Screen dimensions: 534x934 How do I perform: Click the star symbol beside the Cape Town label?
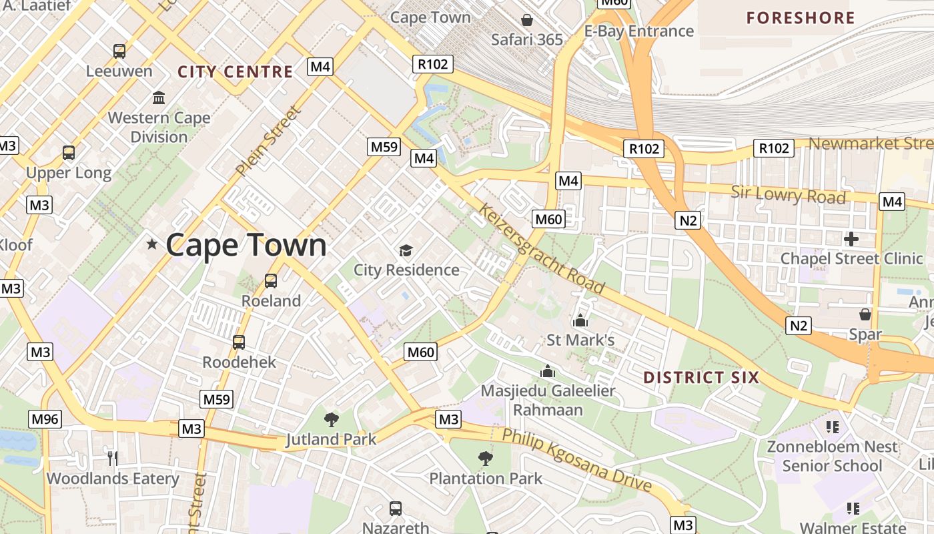point(152,244)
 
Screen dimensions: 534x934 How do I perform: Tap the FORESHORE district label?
point(801,18)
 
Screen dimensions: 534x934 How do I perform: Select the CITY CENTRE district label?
point(235,71)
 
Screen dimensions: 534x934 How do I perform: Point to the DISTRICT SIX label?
point(701,378)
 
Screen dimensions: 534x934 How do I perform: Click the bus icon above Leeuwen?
point(119,51)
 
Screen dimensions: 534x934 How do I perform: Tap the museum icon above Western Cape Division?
point(159,98)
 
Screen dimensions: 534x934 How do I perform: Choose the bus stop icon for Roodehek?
point(239,342)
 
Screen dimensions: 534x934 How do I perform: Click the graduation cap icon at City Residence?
point(406,251)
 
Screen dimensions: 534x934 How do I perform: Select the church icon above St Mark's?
point(580,320)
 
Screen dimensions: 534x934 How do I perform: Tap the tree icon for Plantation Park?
point(486,459)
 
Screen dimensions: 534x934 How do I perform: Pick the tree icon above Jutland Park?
point(331,420)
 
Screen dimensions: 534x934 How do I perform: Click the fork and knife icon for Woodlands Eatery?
point(113,459)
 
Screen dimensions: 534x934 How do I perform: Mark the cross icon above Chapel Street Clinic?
point(851,238)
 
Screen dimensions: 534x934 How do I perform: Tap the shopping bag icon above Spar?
point(865,314)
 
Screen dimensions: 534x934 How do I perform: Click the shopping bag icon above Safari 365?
point(527,20)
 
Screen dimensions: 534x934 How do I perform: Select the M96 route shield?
point(45,419)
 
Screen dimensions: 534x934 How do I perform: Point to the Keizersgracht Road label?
point(541,249)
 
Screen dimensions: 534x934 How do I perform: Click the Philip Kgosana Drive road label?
point(576,460)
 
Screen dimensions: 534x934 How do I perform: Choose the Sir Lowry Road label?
point(788,194)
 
